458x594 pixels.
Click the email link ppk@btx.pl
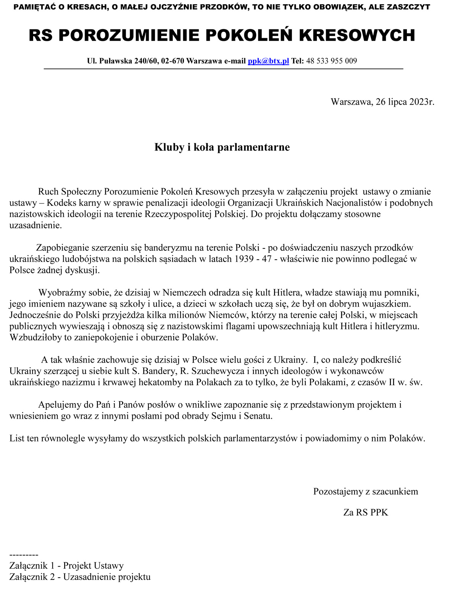268,61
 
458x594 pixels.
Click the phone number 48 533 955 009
331,61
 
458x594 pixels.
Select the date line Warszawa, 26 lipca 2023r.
382,102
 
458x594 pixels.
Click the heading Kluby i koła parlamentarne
222,147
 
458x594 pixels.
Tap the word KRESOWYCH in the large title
357,36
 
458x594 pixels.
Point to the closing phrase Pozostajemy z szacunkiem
365,491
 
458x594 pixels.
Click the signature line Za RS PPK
365,512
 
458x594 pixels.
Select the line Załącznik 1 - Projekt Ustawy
66,566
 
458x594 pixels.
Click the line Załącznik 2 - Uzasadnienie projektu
80,577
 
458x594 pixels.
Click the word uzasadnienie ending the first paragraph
35,225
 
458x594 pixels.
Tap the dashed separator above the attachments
24,555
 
